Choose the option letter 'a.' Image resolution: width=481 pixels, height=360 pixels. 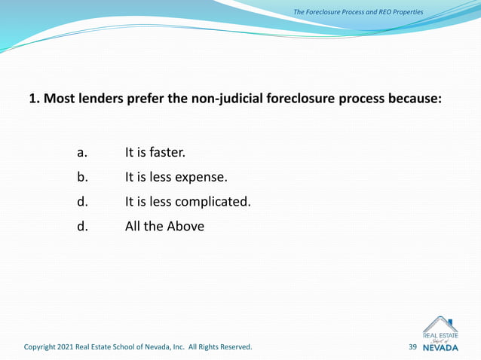[83, 153]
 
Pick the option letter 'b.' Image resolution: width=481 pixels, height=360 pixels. [83, 178]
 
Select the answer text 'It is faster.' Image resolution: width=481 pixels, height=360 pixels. [155, 153]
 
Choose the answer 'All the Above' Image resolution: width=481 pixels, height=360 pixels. [164, 225]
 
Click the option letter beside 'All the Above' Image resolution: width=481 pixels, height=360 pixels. [83, 225]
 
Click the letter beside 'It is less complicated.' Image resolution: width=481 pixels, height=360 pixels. [83, 201]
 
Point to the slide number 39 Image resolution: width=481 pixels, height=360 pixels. [412, 347]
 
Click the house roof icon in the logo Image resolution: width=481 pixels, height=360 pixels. [440, 324]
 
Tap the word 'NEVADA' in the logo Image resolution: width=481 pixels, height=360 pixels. [440, 348]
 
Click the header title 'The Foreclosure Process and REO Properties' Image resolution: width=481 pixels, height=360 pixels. [358, 12]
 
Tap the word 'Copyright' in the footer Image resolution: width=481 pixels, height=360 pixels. [44, 347]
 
